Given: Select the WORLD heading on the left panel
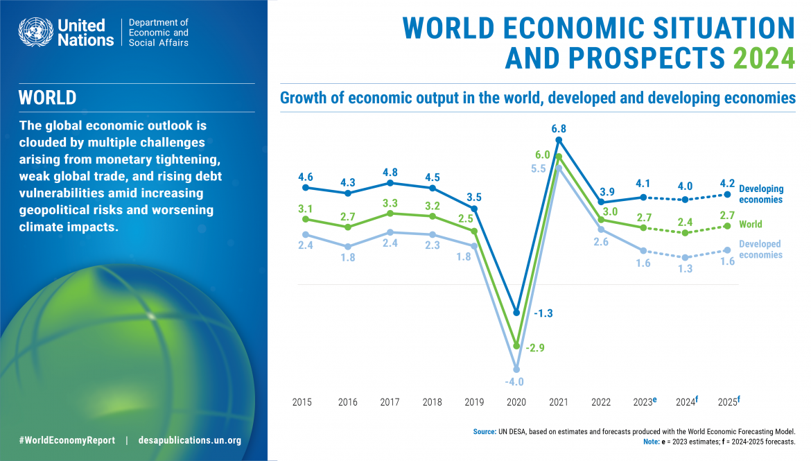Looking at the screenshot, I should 47,98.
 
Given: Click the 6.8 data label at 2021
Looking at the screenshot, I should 539,129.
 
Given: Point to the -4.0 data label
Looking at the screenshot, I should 514,381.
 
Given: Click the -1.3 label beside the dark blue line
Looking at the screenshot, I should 543,313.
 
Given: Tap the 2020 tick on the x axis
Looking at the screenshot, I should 516,402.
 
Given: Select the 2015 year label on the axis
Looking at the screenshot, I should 302,402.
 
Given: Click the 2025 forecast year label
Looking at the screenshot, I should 727,402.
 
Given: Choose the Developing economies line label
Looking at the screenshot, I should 760,194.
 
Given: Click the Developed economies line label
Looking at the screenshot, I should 760,250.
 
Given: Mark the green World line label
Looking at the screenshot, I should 751,224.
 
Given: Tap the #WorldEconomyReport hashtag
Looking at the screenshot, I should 67,440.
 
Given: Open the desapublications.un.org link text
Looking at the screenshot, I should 190,440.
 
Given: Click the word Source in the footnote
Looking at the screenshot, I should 484,431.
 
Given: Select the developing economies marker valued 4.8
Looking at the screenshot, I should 390,183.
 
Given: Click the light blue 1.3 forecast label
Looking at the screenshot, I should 686,269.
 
